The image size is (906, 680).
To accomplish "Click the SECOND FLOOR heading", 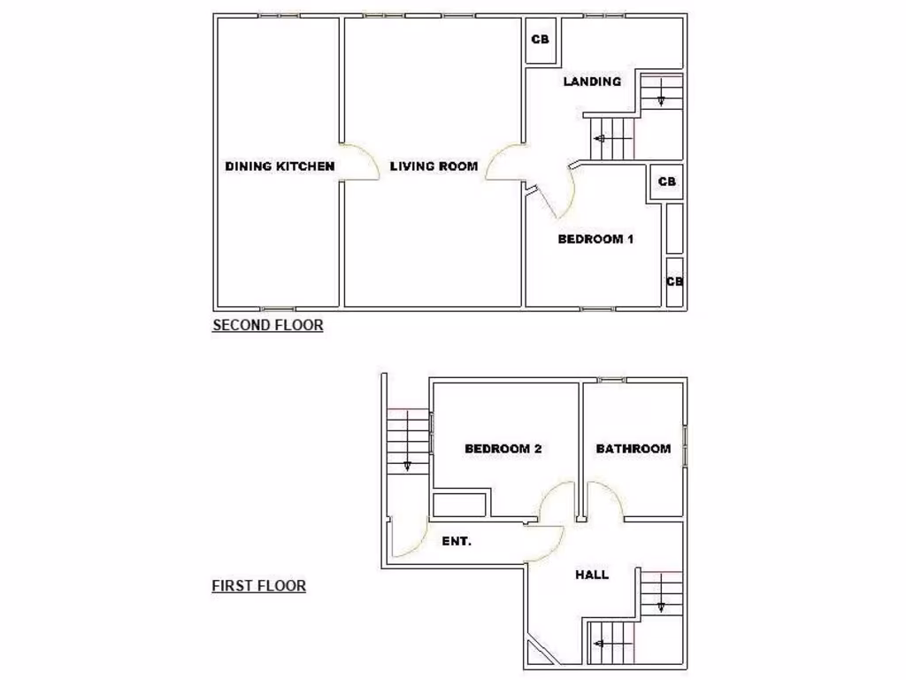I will tap(268, 325).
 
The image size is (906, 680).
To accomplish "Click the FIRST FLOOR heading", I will tap(259, 585).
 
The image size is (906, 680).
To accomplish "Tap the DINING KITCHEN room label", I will tap(280, 166).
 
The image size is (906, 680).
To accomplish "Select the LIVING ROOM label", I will tap(434, 166).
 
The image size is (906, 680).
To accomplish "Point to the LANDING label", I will tap(592, 81).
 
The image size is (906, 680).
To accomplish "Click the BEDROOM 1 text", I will tap(595, 239).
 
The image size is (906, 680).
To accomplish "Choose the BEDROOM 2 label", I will tap(503, 449).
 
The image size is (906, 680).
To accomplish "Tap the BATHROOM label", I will tap(633, 449).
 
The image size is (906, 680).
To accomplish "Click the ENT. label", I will tap(457, 541).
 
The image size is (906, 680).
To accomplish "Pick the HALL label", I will tap(592, 575).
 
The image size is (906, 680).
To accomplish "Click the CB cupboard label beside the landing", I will tap(541, 40).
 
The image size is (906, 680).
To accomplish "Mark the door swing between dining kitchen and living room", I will tap(359, 162).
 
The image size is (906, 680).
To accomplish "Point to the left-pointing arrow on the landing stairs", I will tap(601, 138).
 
